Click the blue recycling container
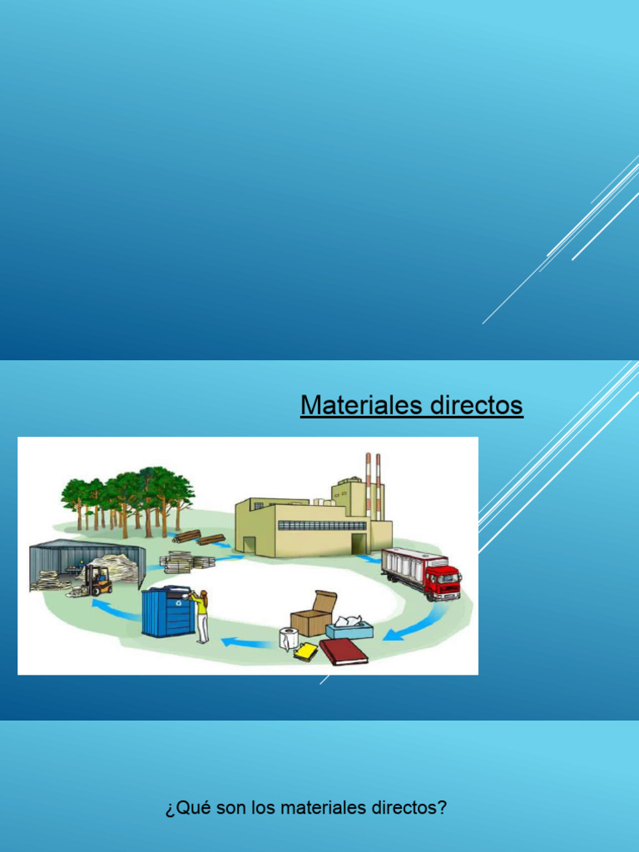pyautogui.click(x=168, y=612)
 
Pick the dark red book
pyautogui.click(x=344, y=651)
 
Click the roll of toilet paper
pyautogui.click(x=288, y=638)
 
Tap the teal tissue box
pyautogui.click(x=349, y=629)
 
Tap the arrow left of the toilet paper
pyautogui.click(x=246, y=642)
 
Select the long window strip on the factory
pyautogui.click(x=322, y=525)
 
